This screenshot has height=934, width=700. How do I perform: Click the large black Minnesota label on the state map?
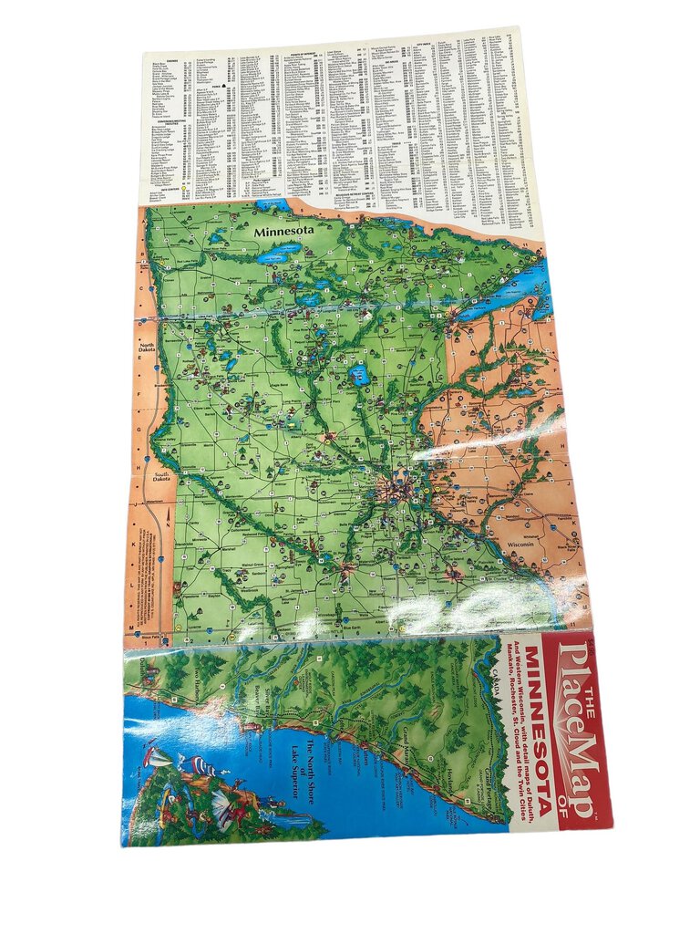(x=284, y=233)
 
